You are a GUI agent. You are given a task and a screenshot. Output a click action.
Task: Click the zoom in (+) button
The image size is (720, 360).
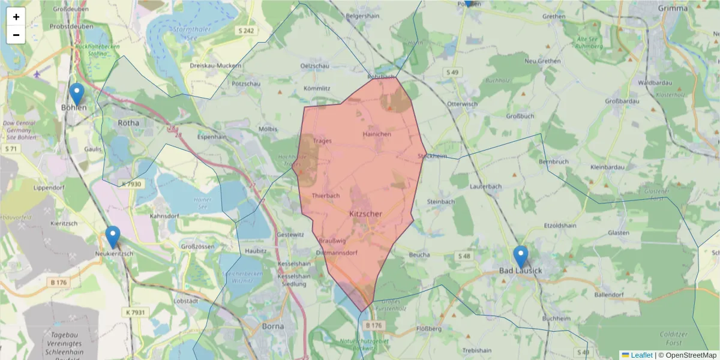coord(16,17)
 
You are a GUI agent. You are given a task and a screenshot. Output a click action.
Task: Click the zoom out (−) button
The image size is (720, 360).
coord(16,35)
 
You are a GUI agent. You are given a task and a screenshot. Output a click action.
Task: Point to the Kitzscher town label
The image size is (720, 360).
coord(365,214)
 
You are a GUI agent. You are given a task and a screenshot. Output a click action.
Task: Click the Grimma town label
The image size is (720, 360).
coord(673,8)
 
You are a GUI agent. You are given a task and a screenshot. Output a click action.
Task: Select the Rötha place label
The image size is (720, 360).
coord(128,122)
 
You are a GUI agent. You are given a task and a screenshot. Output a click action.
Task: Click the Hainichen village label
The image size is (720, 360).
coord(377,134)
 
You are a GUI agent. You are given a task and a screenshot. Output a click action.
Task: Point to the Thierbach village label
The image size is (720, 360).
coord(326,196)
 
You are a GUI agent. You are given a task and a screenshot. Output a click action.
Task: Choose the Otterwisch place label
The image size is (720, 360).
coord(463,104)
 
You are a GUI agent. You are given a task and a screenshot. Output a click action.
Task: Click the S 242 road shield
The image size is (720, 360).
coord(247,31)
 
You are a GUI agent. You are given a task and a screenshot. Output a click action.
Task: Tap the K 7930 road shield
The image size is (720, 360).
coord(130,184)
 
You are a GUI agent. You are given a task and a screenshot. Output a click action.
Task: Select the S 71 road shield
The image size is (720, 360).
coord(11,148)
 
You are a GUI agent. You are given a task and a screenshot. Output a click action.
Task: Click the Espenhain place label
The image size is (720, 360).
coord(212,137)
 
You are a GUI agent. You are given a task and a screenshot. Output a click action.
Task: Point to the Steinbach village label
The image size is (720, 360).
coord(441,202)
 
